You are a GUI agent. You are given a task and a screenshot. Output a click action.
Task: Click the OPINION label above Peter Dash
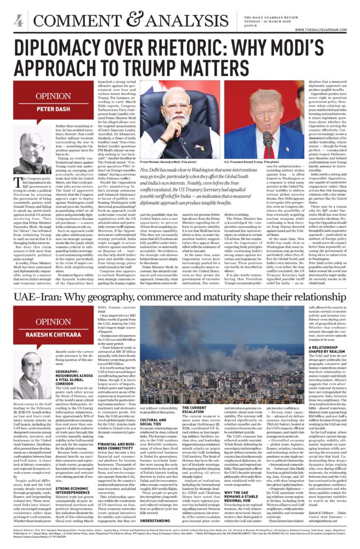click(49, 97)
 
